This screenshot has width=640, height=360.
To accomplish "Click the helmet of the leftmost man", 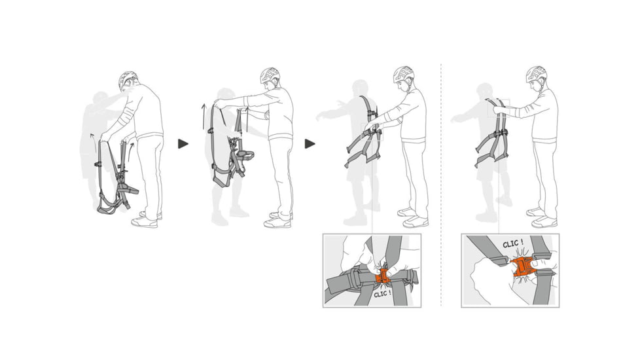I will [128, 80].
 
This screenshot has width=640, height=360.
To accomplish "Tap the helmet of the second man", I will [270, 75].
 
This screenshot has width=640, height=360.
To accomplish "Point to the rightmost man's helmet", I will [536, 74].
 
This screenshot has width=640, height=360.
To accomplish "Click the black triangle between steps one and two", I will [183, 143].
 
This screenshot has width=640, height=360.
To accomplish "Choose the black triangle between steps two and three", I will [310, 143].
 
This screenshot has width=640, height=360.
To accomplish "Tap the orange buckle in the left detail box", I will [383, 276].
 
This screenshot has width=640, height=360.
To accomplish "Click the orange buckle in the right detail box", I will [522, 266].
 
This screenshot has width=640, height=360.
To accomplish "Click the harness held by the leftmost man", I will [116, 180].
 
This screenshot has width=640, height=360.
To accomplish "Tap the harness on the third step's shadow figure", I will [364, 134].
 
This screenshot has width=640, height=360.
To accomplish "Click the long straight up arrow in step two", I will [204, 118].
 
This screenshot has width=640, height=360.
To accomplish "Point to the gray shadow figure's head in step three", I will [359, 90].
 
